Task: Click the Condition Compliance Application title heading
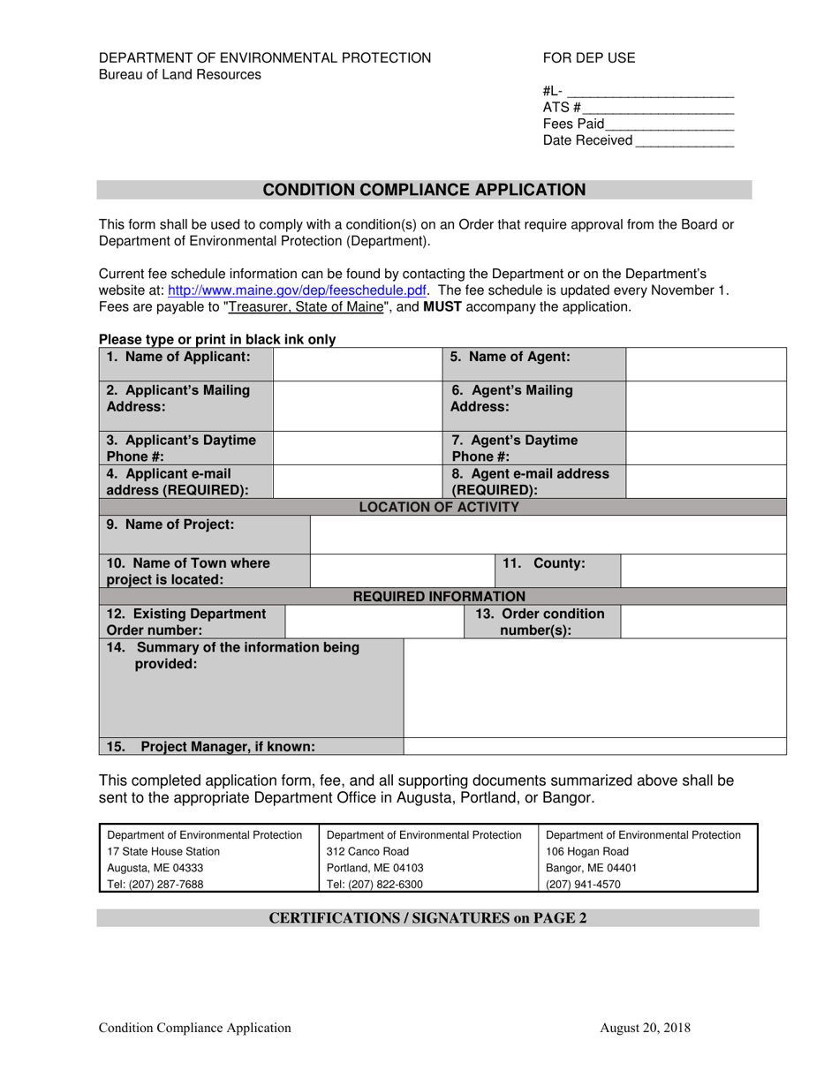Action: pos(424,190)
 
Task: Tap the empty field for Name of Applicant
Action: pos(358,364)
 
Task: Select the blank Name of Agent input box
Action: pos(706,364)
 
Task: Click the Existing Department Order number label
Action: pos(186,622)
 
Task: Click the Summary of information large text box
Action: pos(594,687)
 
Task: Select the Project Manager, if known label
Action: pos(210,747)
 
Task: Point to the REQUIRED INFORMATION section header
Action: pos(439,597)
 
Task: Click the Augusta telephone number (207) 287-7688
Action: pos(155,884)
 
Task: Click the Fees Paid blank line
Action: pos(669,124)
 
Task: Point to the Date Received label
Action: pos(587,140)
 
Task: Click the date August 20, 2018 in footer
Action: pos(645,1027)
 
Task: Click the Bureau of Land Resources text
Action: pos(180,75)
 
